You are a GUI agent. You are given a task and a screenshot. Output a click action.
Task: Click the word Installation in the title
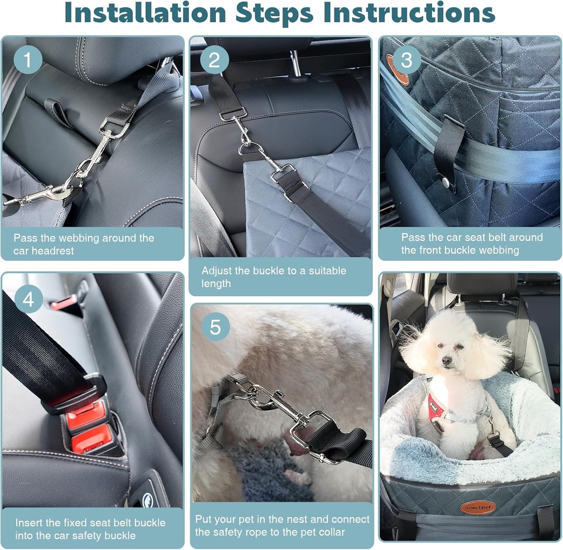point(145,13)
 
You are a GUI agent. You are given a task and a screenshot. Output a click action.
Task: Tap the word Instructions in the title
point(409,13)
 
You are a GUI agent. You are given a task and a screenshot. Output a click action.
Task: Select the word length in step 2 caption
point(216,284)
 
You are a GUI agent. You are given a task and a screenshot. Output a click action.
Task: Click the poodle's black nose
point(446,362)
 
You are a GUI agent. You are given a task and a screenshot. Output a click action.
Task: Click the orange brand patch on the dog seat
point(478,507)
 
